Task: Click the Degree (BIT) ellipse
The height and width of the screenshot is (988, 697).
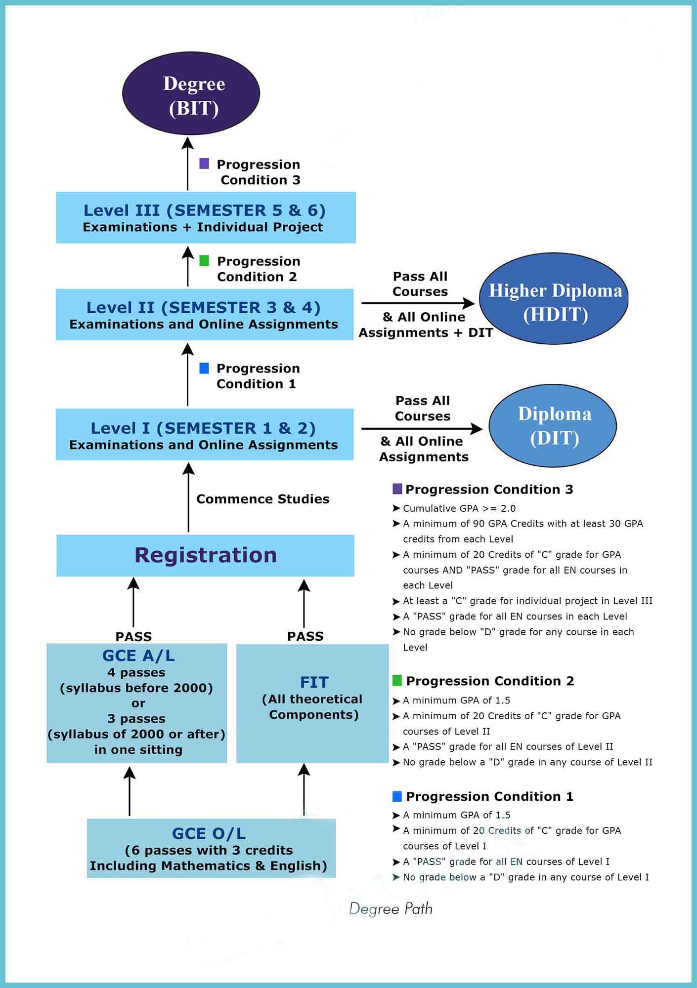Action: click(191, 94)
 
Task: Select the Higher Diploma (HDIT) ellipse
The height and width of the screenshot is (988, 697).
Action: click(554, 299)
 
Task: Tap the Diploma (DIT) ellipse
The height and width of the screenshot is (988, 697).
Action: click(553, 426)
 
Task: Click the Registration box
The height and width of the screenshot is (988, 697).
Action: click(205, 555)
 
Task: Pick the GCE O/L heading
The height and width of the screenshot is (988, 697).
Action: click(209, 834)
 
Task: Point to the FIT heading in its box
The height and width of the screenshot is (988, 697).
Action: click(314, 682)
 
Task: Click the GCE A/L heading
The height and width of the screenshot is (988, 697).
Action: click(138, 656)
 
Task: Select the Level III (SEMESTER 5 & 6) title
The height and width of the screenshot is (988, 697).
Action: click(205, 210)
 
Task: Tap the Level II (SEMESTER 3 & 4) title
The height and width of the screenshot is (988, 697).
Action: click(203, 308)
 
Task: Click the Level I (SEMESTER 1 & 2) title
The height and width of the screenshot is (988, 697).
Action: click(203, 428)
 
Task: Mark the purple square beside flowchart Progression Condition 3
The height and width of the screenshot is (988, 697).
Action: click(204, 164)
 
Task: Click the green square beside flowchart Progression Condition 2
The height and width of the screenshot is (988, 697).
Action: click(204, 261)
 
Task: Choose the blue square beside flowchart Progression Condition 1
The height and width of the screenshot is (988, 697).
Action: click(204, 368)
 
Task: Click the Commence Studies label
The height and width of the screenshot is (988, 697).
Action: click(262, 499)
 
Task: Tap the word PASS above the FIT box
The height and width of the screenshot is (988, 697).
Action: click(305, 636)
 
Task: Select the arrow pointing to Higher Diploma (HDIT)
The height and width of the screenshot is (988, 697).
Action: click(418, 303)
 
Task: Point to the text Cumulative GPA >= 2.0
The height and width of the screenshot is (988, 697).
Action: click(459, 508)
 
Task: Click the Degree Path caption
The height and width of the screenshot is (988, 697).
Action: click(391, 908)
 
